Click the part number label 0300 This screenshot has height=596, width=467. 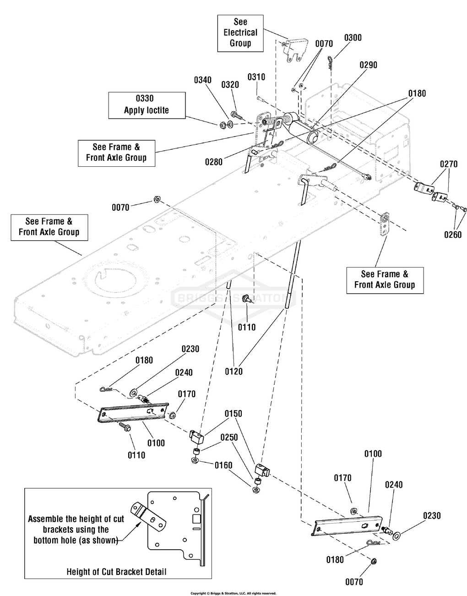pyautogui.click(x=353, y=38)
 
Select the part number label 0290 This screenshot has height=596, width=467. pyautogui.click(x=368, y=65)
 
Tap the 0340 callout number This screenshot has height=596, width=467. pyautogui.click(x=203, y=80)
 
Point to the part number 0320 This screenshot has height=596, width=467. pyautogui.click(x=230, y=85)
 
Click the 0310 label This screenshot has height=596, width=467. pyautogui.click(x=256, y=77)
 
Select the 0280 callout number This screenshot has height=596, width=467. pyautogui.click(x=214, y=162)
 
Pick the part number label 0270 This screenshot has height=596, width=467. pyautogui.click(x=449, y=164)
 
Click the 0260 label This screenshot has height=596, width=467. pyautogui.click(x=453, y=235)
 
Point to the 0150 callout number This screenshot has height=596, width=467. pyautogui.click(x=233, y=413)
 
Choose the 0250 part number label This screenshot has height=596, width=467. pyautogui.click(x=229, y=437)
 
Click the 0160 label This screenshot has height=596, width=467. pyautogui.click(x=223, y=465)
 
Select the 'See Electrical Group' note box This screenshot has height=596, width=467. pyautogui.click(x=240, y=33)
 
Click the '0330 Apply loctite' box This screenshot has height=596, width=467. pyautogui.click(x=147, y=104)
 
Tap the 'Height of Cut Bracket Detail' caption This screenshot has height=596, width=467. pyautogui.click(x=117, y=571)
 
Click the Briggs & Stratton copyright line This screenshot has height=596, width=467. pyautogui.click(x=233, y=593)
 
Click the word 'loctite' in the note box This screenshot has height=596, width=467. pyautogui.click(x=157, y=110)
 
